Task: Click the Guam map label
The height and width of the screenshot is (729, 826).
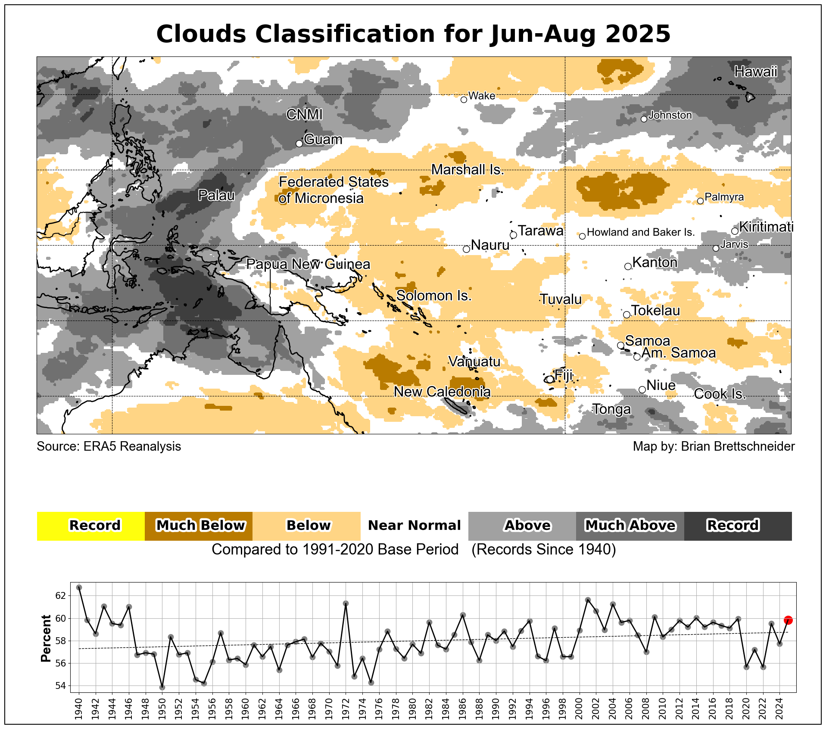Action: click(323, 140)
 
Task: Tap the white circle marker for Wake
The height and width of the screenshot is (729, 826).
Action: click(464, 100)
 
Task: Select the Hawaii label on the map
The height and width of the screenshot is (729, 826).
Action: click(756, 72)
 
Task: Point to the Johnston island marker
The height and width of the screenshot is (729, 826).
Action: click(644, 119)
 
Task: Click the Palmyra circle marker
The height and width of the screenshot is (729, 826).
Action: click(700, 201)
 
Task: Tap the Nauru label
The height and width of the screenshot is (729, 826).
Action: click(490, 245)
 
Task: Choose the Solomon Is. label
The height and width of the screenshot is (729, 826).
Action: click(433, 296)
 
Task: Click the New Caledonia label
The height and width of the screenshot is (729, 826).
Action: click(442, 392)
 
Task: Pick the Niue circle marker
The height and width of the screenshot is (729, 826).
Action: click(642, 389)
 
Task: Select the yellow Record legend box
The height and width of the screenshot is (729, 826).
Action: click(91, 526)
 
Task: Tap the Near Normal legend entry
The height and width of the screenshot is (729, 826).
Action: click(414, 526)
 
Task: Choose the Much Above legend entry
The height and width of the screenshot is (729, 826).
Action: click(630, 526)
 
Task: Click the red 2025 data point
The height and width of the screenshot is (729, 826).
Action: click(788, 620)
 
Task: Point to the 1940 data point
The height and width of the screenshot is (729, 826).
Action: click(79, 587)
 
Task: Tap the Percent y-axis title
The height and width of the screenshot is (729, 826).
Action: click(46, 638)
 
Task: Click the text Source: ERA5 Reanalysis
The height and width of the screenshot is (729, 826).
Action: click(109, 446)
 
